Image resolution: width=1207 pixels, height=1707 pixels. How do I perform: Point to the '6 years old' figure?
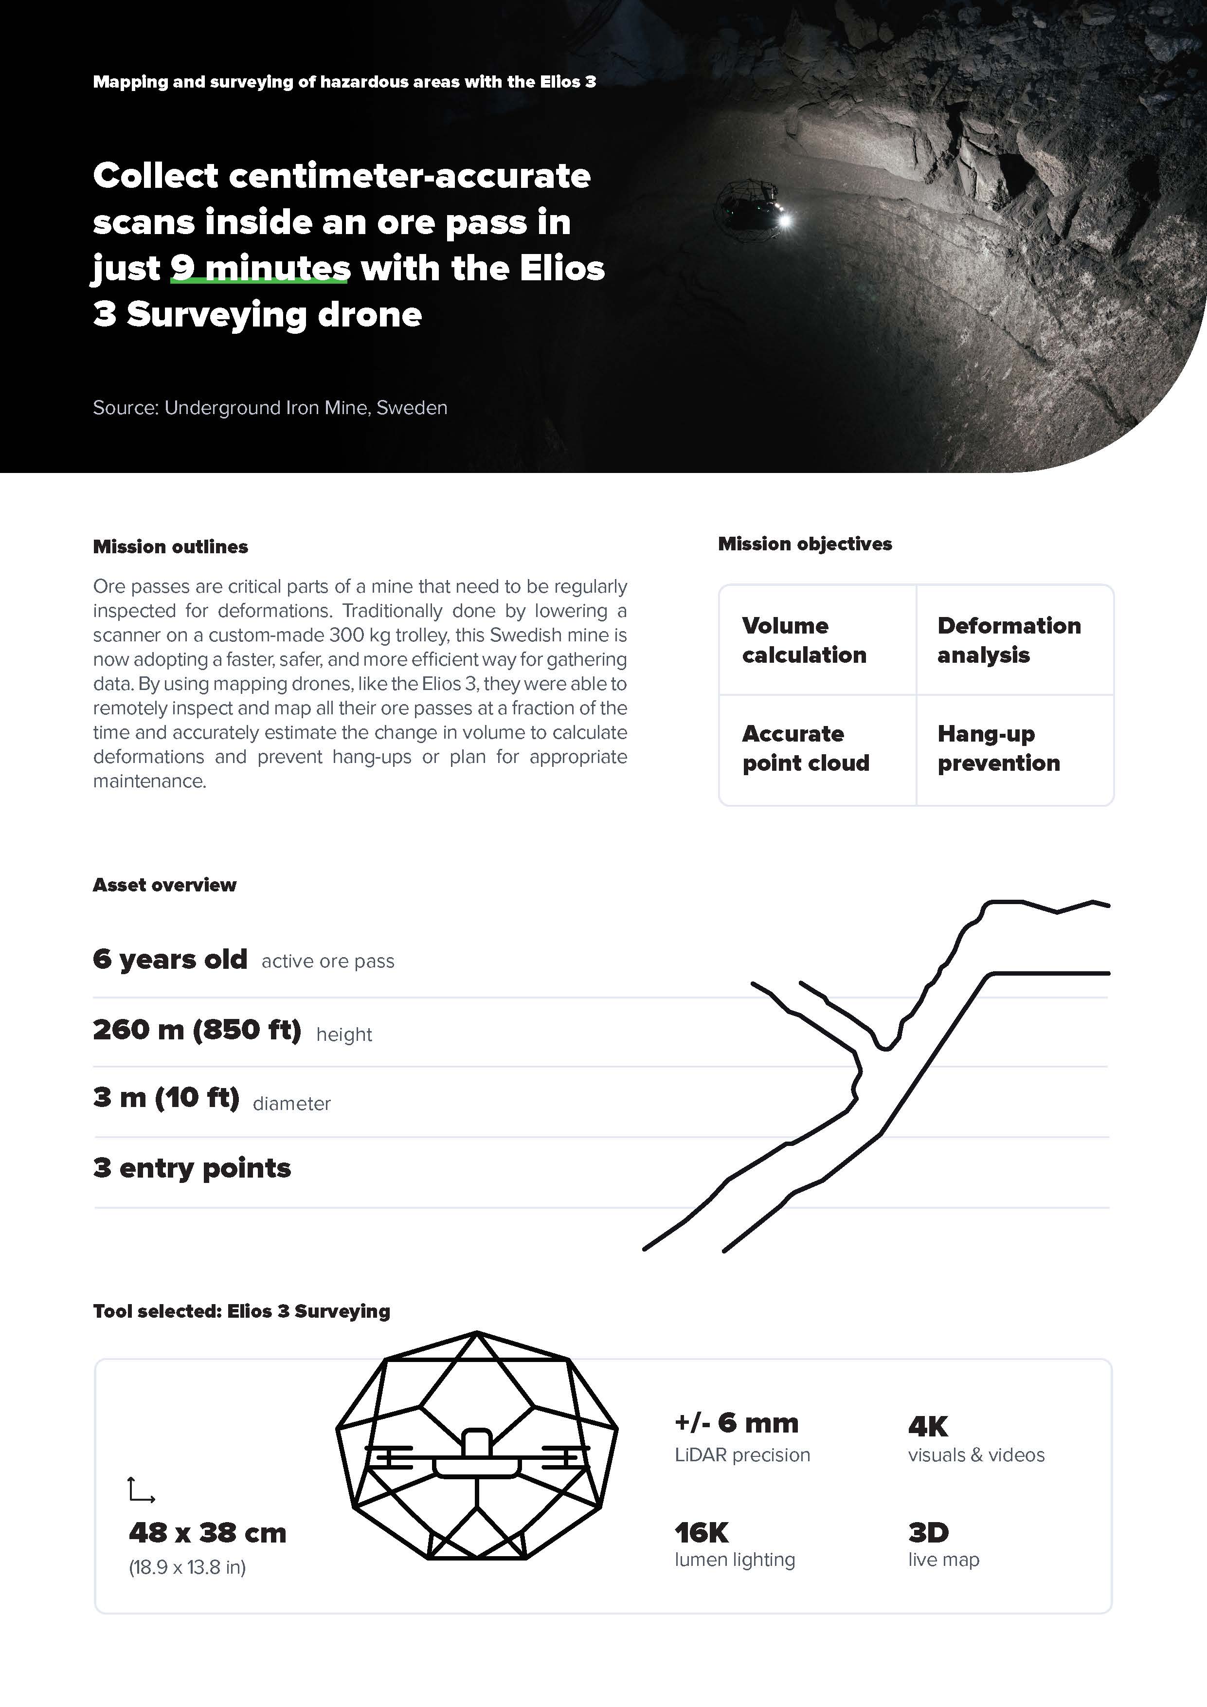pos(170,959)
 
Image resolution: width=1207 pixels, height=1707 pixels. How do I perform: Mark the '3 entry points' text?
pos(192,1168)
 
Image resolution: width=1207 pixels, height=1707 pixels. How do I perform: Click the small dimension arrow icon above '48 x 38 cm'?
pos(141,1489)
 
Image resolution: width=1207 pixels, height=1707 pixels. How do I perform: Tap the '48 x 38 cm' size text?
pos(207,1533)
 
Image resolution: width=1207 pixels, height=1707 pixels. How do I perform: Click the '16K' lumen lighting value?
pos(702,1532)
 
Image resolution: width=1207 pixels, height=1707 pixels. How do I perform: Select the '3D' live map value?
pos(928,1532)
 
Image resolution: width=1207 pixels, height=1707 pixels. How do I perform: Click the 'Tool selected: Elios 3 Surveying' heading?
pos(242,1311)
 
